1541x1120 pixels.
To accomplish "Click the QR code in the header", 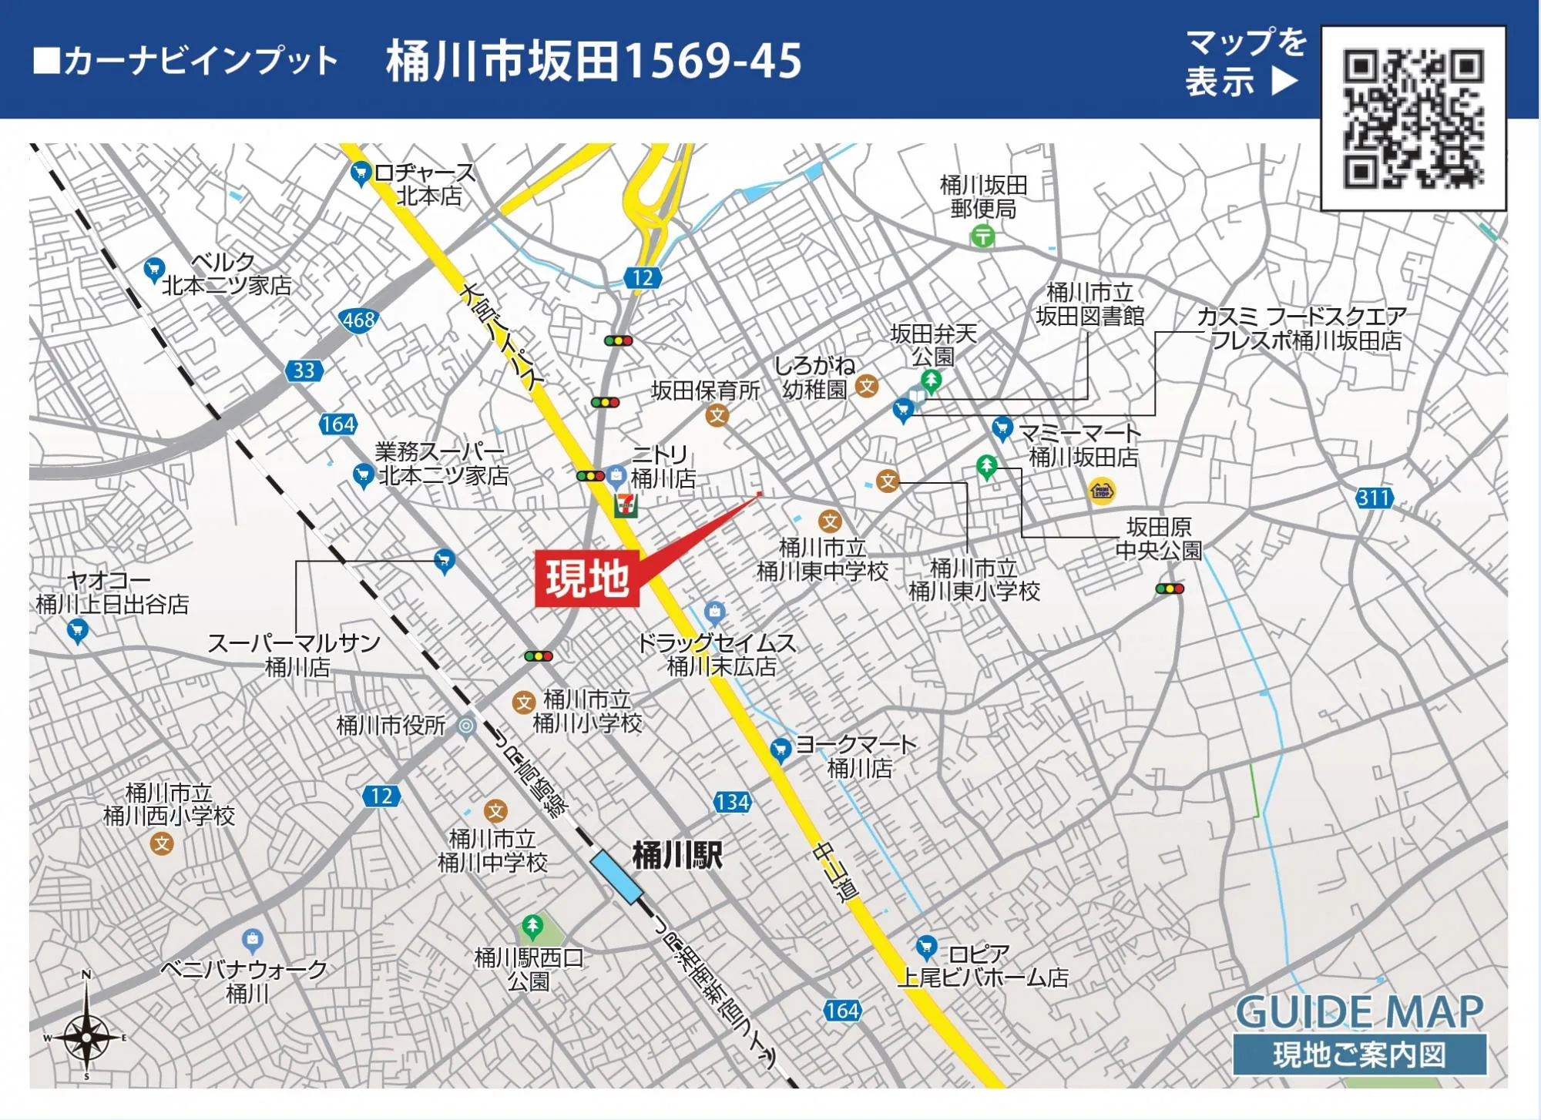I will [x=1413, y=118].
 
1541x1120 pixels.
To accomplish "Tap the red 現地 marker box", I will [x=587, y=578].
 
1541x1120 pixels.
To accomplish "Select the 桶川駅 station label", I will [x=677, y=855].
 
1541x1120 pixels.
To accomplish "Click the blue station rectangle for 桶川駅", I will [x=616, y=877].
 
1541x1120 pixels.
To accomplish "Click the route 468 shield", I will [x=358, y=320].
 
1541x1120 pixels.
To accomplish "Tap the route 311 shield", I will [x=1375, y=498].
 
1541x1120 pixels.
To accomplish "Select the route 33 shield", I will [x=304, y=371].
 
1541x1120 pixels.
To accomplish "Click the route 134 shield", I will [x=731, y=802].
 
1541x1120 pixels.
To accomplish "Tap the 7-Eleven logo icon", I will [x=625, y=505].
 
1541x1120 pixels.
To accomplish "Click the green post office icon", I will [x=982, y=236].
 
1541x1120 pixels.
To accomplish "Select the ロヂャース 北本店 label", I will [x=425, y=184].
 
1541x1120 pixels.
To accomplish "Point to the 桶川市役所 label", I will [x=391, y=725].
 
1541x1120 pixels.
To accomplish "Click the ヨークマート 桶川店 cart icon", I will [x=781, y=749].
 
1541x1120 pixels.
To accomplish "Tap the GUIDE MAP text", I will [x=1359, y=1011].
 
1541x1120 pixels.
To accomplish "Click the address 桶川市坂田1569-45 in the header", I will [x=594, y=61].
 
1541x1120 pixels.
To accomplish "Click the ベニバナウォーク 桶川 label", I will [x=245, y=981].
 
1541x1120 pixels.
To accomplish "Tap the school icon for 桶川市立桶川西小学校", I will [x=162, y=844].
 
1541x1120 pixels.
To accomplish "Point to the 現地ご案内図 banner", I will [x=1359, y=1055].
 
